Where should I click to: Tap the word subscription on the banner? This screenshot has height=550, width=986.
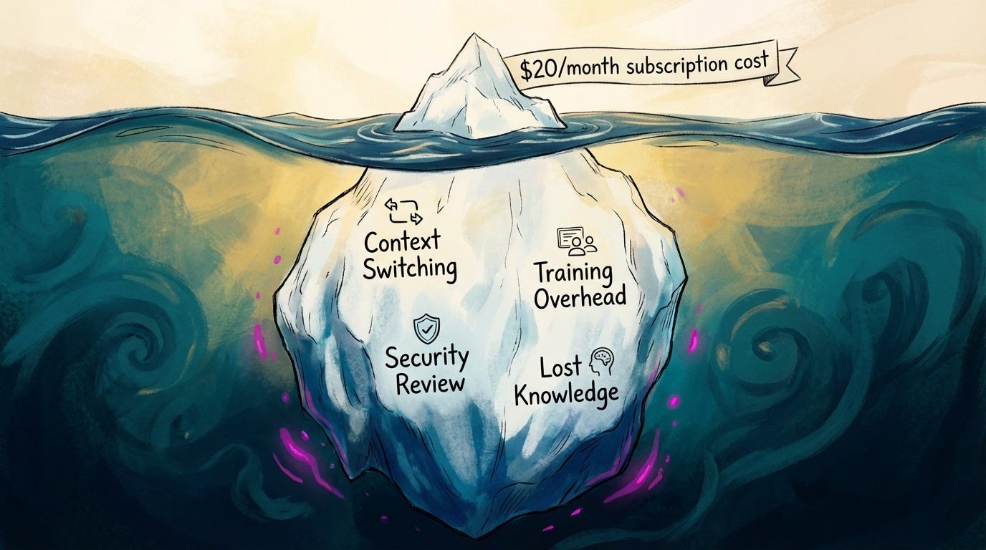pyautogui.click(x=672, y=66)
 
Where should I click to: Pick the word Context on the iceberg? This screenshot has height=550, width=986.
pyautogui.click(x=402, y=241)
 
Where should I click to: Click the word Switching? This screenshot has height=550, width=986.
pyautogui.click(x=409, y=269)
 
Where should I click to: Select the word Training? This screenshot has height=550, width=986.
pyautogui.click(x=573, y=273)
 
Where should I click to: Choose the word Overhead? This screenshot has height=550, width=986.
pyautogui.click(x=580, y=297)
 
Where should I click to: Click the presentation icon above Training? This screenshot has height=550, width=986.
pyautogui.click(x=576, y=242)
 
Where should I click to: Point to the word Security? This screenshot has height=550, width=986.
pyautogui.click(x=427, y=357)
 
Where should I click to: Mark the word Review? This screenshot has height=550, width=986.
pyautogui.click(x=430, y=383)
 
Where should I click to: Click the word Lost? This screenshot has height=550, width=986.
pyautogui.click(x=560, y=368)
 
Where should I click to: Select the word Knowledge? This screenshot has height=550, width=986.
pyautogui.click(x=566, y=394)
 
